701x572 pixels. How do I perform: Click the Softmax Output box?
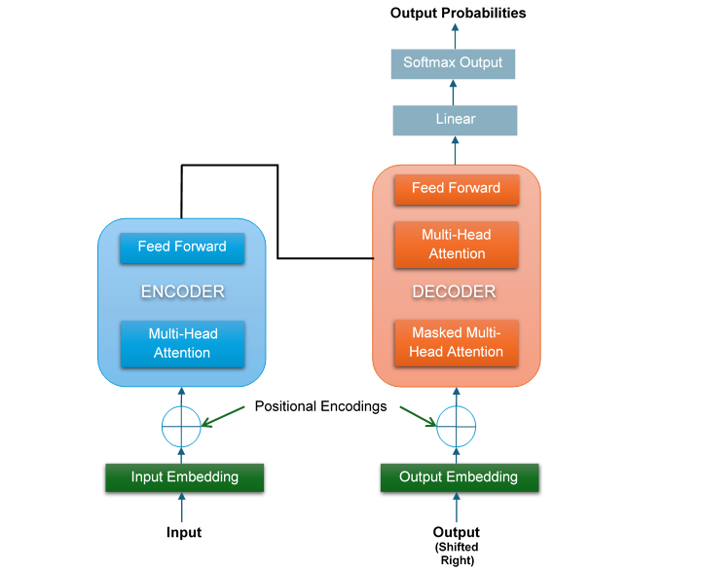pyautogui.click(x=453, y=63)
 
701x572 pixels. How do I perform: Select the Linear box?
pyautogui.click(x=455, y=120)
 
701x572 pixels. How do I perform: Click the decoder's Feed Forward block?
pyautogui.click(x=456, y=188)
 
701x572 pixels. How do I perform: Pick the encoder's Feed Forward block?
pyautogui.click(x=181, y=247)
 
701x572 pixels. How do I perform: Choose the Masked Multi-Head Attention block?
pyautogui.click(x=457, y=342)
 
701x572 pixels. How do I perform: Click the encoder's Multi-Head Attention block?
pyautogui.click(x=181, y=343)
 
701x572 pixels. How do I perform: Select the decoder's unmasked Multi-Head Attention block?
pyautogui.click(x=456, y=245)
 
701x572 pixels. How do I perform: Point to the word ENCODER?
pyautogui.click(x=183, y=291)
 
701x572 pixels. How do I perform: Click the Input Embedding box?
pyautogui.click(x=185, y=477)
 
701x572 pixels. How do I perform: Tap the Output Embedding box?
pyautogui.click(x=458, y=477)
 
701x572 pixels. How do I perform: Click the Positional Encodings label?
pyautogui.click(x=319, y=405)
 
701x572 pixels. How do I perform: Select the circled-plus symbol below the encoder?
pyautogui.click(x=180, y=424)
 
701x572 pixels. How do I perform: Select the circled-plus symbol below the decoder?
pyautogui.click(x=456, y=424)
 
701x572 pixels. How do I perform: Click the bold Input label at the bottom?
pyautogui.click(x=183, y=532)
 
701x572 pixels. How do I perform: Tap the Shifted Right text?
pyautogui.click(x=456, y=553)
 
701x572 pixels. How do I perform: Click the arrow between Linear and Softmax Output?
pyautogui.click(x=454, y=93)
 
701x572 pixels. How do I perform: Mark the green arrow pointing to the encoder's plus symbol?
pyautogui.click(x=226, y=416)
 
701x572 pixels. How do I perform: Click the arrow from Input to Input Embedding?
pyautogui.click(x=181, y=507)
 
